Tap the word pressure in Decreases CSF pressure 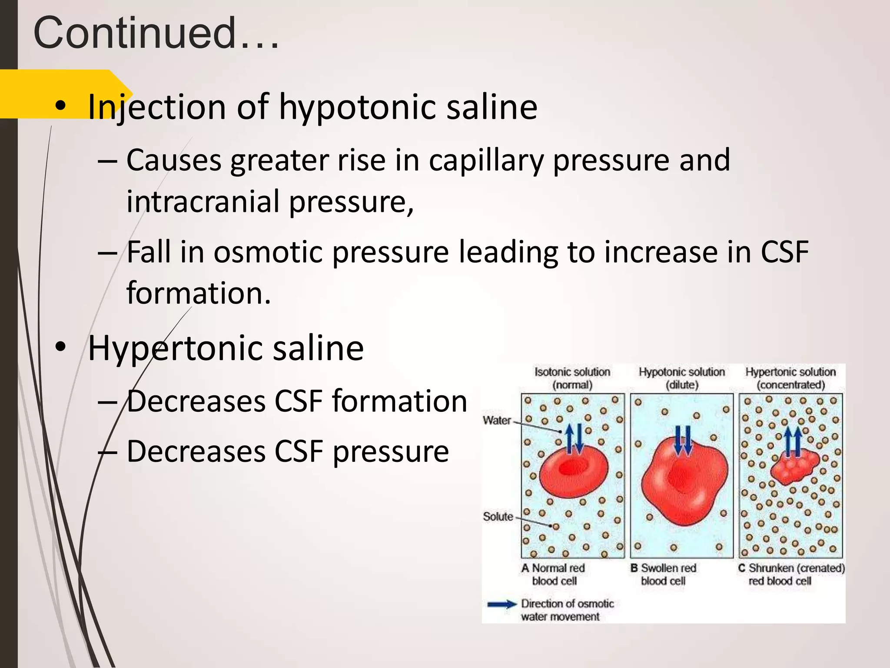(391, 451)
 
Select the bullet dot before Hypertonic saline (60, 347)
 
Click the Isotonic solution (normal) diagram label (572, 378)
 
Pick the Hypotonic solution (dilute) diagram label (681, 378)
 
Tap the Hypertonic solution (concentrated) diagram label (790, 378)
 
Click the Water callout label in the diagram (497, 420)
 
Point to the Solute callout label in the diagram (498, 517)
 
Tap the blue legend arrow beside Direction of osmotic (502, 604)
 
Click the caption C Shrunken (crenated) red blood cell (791, 574)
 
